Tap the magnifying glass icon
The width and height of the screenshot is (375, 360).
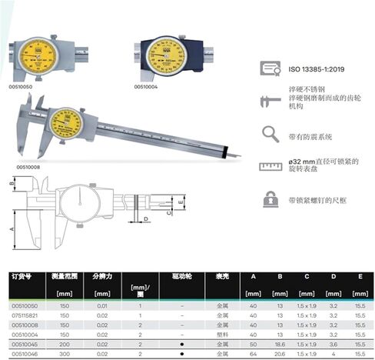pyautogui.click(x=270, y=133)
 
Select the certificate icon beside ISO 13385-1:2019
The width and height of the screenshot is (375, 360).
pyautogui.click(x=270, y=69)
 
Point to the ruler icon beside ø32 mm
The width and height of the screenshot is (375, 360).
pyautogui.click(x=270, y=165)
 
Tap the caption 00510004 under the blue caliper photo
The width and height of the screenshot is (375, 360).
pyautogui.click(x=145, y=86)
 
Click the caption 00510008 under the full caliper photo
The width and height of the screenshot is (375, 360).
pyautogui.click(x=27, y=165)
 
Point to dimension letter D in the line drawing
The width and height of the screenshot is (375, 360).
pyautogui.click(x=145, y=219)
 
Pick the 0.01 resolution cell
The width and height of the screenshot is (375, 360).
pyautogui.click(x=101, y=305)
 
